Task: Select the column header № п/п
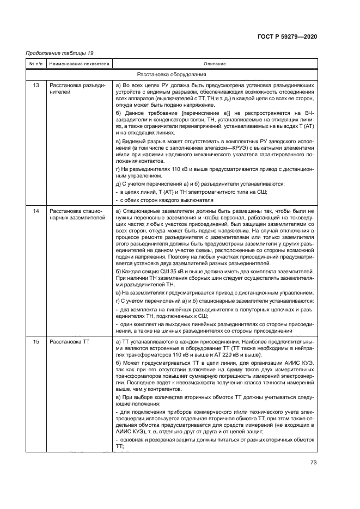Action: pos(34,64)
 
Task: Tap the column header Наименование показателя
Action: pos(79,64)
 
